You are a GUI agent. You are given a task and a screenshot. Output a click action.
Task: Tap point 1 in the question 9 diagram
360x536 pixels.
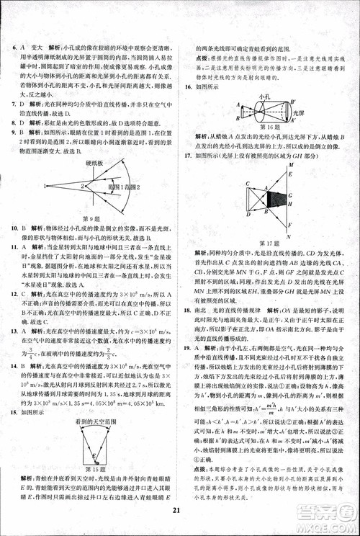tap(44, 186)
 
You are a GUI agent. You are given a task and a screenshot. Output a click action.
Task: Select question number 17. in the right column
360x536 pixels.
tap(186, 155)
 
